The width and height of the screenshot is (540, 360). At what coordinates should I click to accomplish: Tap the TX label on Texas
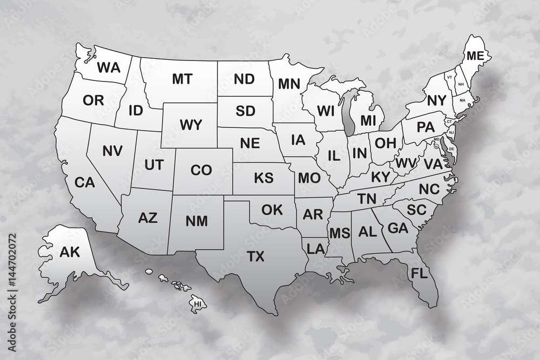coord(255,256)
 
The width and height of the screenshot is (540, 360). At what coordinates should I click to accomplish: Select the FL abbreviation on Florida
coord(419,272)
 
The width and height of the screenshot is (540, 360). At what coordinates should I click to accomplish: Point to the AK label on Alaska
coord(69,251)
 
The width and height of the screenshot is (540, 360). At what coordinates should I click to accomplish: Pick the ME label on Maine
coord(475,56)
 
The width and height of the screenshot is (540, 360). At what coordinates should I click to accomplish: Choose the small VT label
coord(449,77)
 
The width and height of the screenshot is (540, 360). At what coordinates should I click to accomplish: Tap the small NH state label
coord(461,85)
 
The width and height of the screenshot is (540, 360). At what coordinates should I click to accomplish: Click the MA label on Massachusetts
coord(462,100)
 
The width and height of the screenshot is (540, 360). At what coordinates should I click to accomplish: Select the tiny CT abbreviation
coord(448,121)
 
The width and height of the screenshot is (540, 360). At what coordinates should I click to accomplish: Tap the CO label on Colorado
coord(201,170)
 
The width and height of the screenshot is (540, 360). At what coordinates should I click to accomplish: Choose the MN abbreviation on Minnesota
coord(289,84)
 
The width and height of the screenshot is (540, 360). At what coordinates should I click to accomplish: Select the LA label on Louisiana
coord(314,249)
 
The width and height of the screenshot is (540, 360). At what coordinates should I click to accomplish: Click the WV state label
coord(405,162)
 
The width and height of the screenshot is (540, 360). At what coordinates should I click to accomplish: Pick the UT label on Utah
coord(154,165)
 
